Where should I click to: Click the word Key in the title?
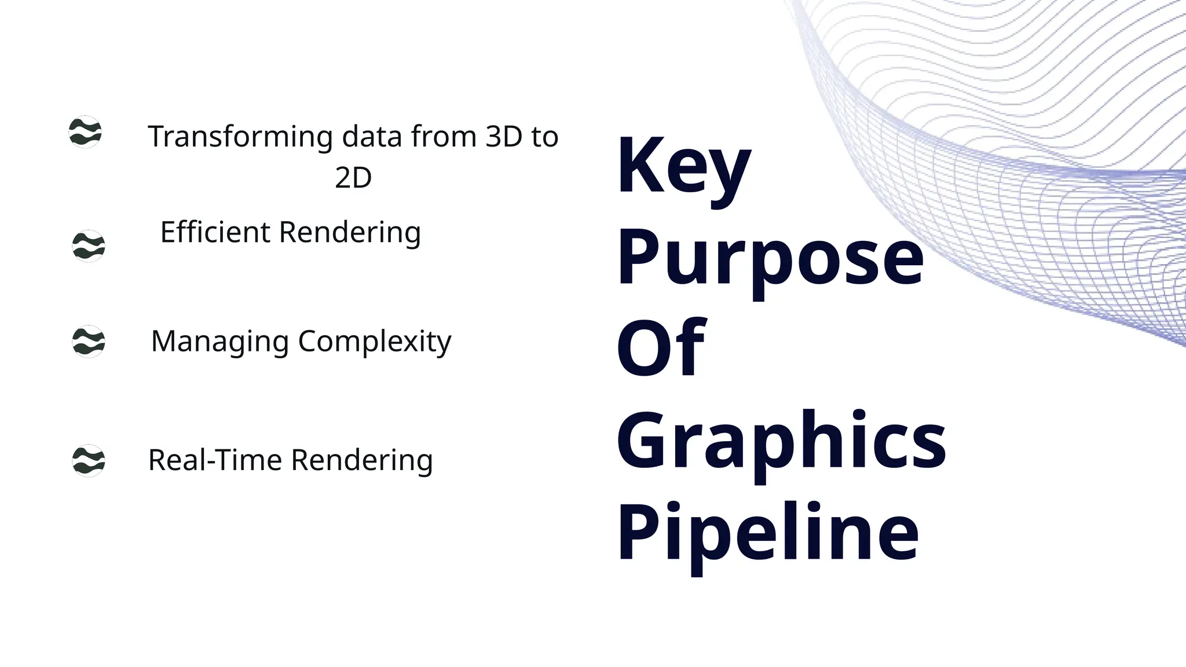point(683,166)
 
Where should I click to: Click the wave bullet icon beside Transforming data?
point(85,132)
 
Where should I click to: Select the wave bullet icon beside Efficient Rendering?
point(89,246)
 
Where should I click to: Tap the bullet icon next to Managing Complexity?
point(89,341)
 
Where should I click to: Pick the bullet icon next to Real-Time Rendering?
point(89,460)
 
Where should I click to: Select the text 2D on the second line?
point(353,178)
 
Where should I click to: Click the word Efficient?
point(215,232)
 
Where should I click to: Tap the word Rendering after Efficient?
point(350,233)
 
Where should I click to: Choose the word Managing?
point(219,342)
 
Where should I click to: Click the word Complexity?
point(374,342)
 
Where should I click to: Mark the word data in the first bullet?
point(372,137)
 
